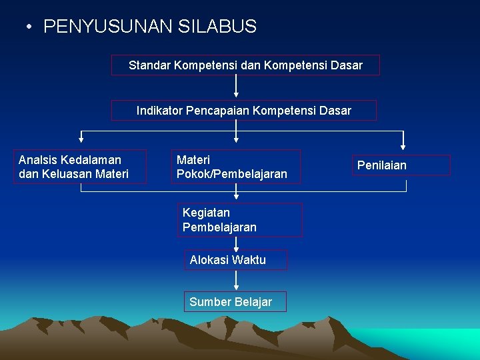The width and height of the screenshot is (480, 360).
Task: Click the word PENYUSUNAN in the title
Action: click(x=109, y=27)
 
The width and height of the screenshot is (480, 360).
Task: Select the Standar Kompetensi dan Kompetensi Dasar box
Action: click(x=245, y=65)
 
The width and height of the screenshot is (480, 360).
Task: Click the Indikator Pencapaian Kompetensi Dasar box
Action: click(x=244, y=111)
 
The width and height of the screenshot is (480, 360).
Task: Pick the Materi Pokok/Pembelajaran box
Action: click(x=236, y=167)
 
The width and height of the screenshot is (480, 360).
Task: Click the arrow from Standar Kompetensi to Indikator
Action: click(x=236, y=87)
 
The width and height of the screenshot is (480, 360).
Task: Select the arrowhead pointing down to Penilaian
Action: click(x=403, y=147)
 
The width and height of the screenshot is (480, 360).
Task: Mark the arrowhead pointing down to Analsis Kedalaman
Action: click(x=81, y=139)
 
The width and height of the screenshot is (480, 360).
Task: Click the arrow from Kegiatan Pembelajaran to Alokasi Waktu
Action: click(x=236, y=243)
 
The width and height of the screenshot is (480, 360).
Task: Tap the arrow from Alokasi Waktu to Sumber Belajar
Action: click(x=236, y=281)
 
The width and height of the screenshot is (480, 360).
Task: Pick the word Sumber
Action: click(x=208, y=302)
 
